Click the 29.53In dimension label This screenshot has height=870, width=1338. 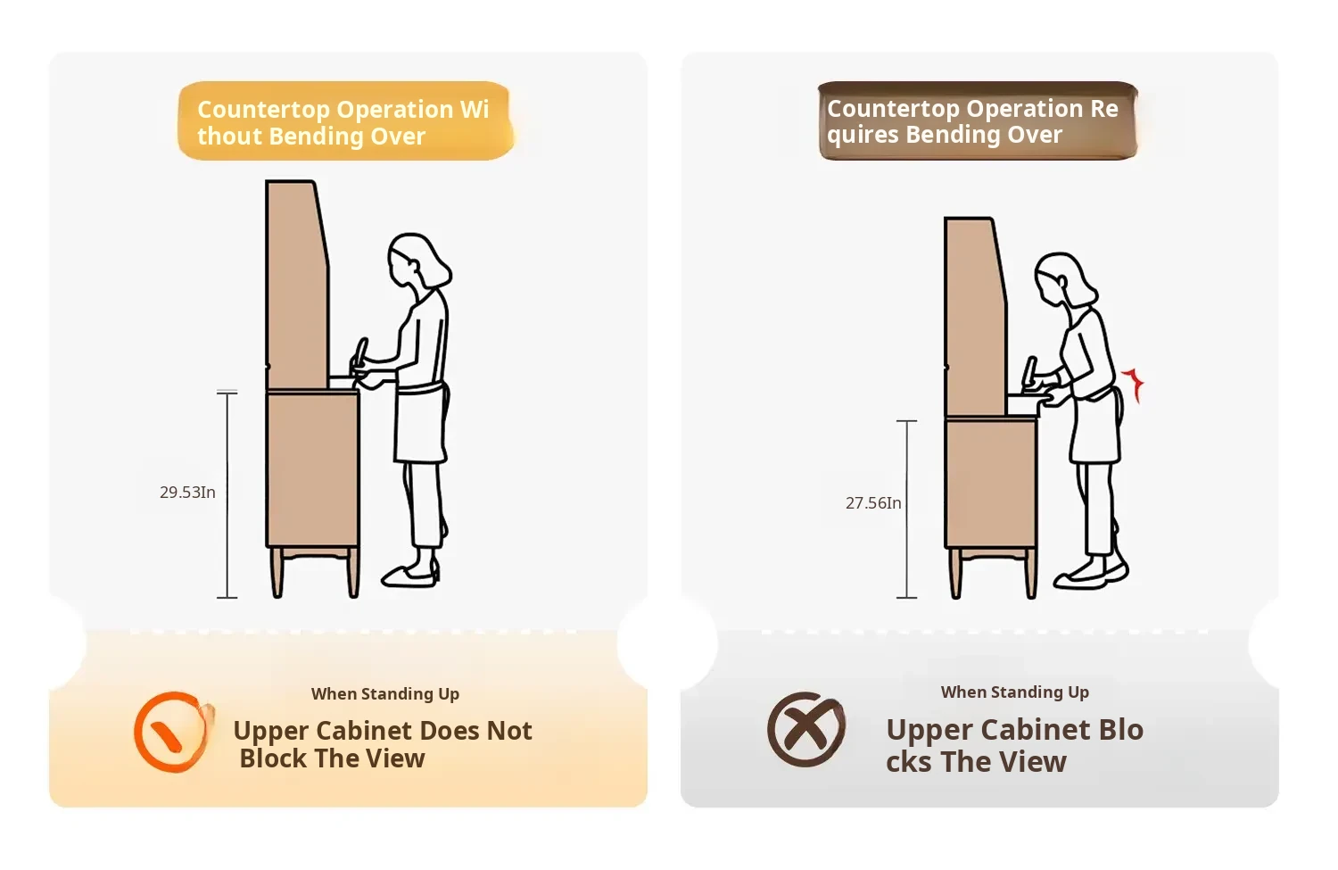[187, 493]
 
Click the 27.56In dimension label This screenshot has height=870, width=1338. [873, 503]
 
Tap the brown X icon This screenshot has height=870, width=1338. [806, 730]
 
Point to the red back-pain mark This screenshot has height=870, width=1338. [1134, 385]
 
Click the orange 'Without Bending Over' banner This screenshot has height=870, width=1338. [346, 121]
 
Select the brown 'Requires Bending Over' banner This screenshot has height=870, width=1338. [978, 120]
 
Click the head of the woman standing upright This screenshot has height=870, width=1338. [417, 261]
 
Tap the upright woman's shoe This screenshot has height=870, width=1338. [409, 576]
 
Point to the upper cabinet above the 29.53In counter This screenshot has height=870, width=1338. [297, 285]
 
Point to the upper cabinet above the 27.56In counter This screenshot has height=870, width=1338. [975, 317]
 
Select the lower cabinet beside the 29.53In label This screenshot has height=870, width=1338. [312, 469]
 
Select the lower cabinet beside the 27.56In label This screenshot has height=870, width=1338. [991, 482]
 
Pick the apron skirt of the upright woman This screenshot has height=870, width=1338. [421, 424]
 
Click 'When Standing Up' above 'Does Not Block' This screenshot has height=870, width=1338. [385, 693]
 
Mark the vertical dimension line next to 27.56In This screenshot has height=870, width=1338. [907, 510]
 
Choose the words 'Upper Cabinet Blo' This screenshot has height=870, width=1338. [1015, 730]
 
